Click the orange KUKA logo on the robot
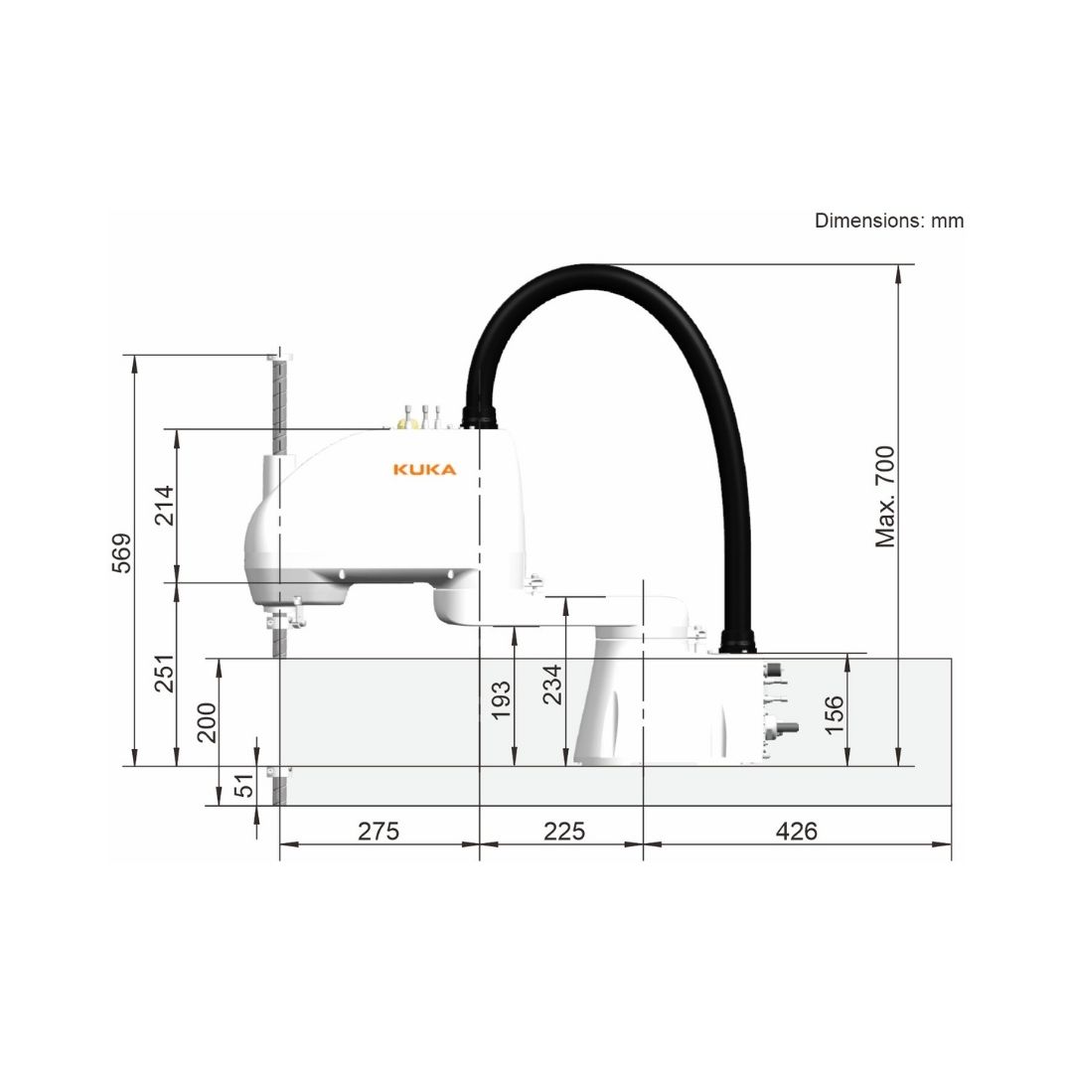(424, 469)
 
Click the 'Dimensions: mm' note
(889, 221)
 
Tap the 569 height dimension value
(122, 553)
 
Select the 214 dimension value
(164, 505)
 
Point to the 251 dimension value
(164, 674)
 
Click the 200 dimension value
(206, 722)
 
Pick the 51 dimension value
(243, 785)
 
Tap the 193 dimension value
(501, 700)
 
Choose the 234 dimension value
(551, 685)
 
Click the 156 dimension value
(835, 715)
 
